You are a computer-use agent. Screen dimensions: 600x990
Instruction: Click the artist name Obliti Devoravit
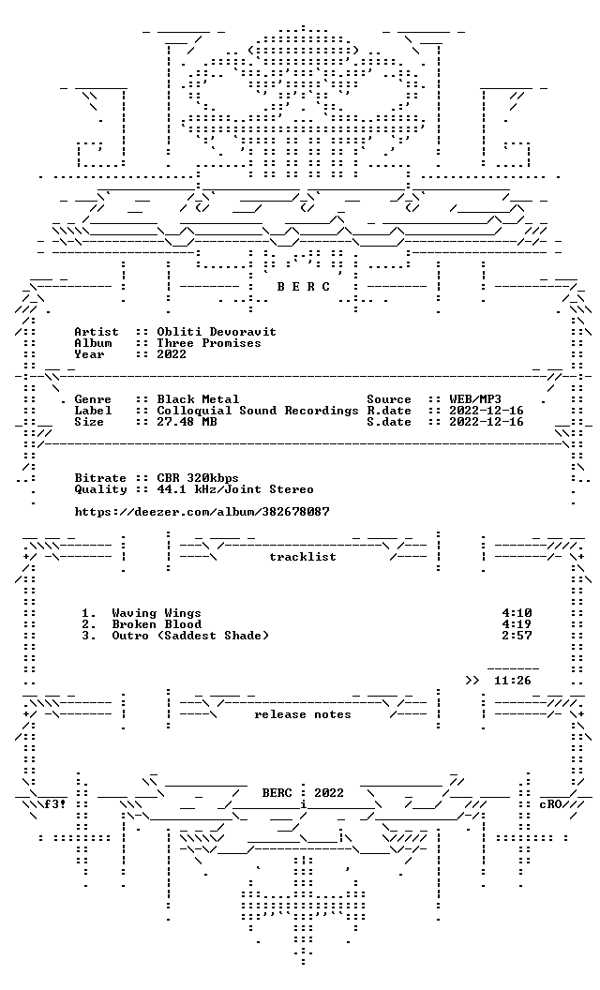217,332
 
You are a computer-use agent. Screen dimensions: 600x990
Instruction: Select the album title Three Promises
209,343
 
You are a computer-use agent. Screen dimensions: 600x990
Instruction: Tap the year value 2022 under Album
172,354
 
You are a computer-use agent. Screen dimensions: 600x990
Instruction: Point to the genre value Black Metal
199,399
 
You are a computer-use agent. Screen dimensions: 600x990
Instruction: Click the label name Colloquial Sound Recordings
258,411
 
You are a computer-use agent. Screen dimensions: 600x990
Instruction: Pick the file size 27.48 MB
187,422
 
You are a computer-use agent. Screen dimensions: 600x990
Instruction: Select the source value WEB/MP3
475,399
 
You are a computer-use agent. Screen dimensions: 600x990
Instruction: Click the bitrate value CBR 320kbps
198,478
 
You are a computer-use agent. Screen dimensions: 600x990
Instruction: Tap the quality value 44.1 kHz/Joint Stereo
235,489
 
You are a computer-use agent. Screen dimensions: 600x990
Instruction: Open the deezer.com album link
202,512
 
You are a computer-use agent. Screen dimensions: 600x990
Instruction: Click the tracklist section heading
303,557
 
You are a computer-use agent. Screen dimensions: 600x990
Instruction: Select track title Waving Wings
157,613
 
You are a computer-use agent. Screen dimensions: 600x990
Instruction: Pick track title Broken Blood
157,624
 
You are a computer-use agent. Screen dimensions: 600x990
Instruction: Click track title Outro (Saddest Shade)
190,636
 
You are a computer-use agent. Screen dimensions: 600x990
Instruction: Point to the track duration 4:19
517,624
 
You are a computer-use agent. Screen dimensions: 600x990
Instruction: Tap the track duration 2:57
517,636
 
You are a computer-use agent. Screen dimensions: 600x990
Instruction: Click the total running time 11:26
513,681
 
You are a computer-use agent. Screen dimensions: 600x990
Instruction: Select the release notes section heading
303,714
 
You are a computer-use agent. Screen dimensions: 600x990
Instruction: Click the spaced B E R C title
303,287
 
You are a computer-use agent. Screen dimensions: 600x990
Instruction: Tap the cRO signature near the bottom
550,805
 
